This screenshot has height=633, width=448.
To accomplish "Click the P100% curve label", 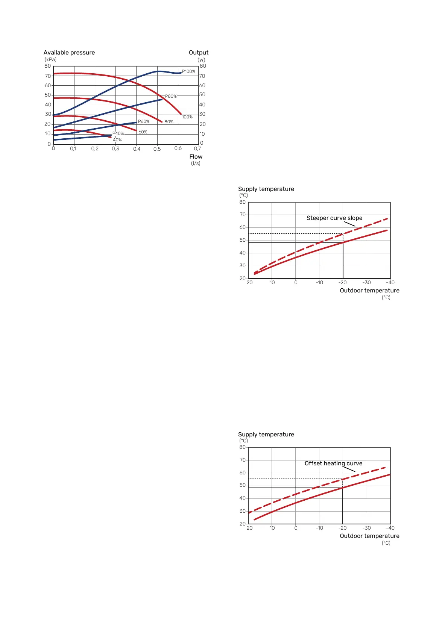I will click(x=188, y=71).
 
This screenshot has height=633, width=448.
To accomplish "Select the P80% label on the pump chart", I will click(x=171, y=96).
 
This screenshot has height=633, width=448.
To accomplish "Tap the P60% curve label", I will click(x=144, y=121).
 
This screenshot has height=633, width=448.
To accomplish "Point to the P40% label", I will click(x=118, y=133).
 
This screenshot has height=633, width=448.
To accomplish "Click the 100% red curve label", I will click(x=187, y=117).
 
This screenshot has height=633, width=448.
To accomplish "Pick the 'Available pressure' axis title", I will click(x=69, y=53).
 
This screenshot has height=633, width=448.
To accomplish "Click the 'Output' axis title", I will click(x=199, y=53).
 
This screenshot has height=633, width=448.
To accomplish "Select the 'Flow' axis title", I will click(x=196, y=157).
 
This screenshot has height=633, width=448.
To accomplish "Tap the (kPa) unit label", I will click(x=50, y=59).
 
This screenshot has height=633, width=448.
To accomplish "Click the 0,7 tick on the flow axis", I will click(x=197, y=149).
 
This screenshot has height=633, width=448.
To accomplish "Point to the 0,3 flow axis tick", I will click(x=115, y=149).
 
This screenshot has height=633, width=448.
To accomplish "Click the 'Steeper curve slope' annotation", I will click(x=334, y=218).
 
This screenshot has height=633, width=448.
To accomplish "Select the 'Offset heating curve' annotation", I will click(x=334, y=463).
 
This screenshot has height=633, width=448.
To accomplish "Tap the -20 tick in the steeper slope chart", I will click(x=342, y=283).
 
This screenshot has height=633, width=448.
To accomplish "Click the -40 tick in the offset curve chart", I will click(x=390, y=528).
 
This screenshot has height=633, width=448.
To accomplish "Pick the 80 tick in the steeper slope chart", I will click(x=243, y=202).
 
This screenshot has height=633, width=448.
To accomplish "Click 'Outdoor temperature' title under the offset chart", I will click(x=370, y=536).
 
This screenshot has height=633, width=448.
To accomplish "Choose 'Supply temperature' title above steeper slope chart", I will click(x=266, y=189).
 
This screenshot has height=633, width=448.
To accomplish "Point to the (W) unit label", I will click(x=202, y=60).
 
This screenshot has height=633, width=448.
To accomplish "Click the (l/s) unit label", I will click(x=196, y=164).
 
